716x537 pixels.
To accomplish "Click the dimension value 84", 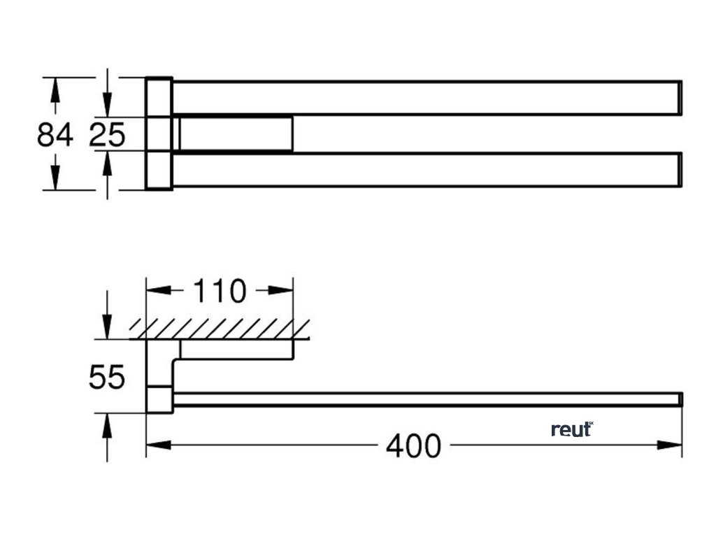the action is [55, 134].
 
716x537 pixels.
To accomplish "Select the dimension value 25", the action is [107, 134].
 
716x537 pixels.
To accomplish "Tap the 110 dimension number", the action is [220, 291].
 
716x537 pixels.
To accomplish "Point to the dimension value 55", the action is [107, 378].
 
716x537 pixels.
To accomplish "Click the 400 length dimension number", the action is [414, 445].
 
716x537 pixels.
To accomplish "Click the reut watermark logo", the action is [571, 429].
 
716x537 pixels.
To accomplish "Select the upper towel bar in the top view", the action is [427, 98].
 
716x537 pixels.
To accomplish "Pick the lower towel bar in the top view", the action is [427, 170].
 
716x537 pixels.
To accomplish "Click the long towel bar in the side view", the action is [427, 399].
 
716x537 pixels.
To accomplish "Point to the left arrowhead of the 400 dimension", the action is [155, 445].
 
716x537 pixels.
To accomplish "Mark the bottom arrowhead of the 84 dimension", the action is [55, 180].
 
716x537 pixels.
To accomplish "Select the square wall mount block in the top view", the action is [159, 133].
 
